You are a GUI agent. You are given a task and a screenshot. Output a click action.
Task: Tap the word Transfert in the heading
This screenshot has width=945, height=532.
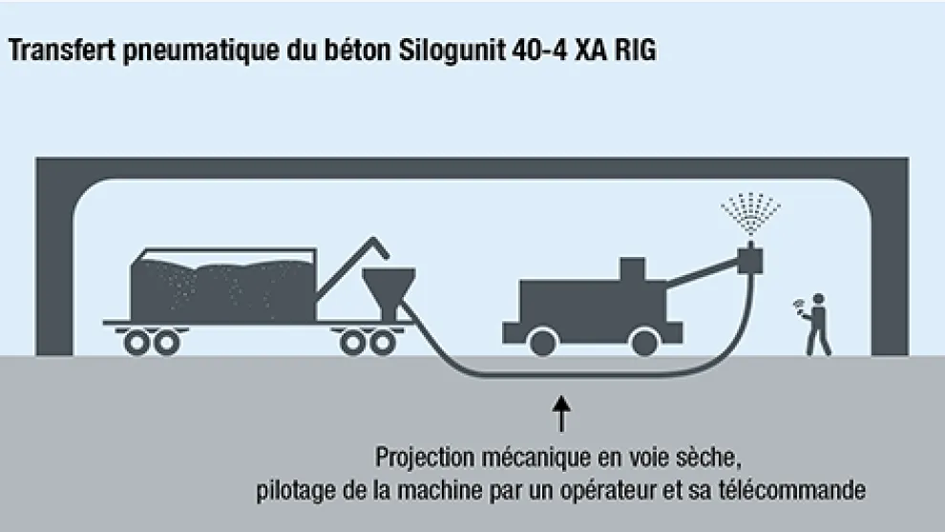tap(62, 51)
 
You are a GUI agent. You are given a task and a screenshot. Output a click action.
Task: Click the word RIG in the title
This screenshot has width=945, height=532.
tap(634, 51)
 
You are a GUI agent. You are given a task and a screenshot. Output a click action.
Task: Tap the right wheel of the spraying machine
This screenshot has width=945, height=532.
tap(646, 339)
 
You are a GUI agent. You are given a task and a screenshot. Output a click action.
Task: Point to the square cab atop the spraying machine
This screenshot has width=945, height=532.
tap(633, 270)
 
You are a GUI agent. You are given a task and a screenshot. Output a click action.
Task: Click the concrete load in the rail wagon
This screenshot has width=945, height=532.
tap(222, 286)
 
